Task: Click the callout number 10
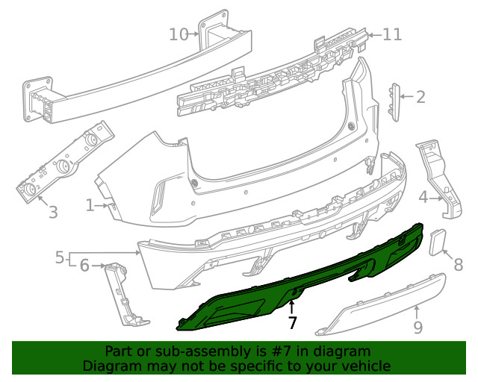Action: pos(179,34)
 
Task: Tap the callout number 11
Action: pos(393,34)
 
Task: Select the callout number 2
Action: pos(420,96)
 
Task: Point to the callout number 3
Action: pos(53,213)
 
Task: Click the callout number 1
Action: pos(90,204)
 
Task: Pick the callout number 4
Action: pos(423,197)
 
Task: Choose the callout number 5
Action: pos(59,257)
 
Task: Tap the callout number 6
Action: pos(84,265)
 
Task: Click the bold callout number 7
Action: pos(292,322)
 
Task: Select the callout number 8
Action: pos(458,264)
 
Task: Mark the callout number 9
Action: pos(418,327)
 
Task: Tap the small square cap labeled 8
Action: pos(437,242)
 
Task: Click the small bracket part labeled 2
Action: pos(394,101)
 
